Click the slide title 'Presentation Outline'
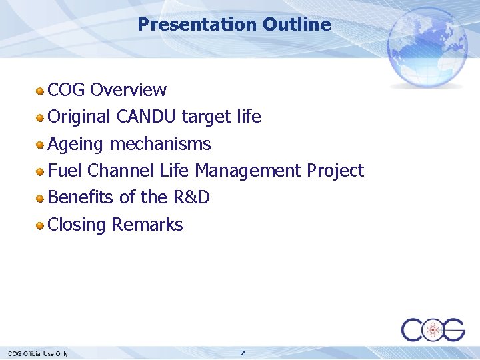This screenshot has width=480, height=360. pos(234,25)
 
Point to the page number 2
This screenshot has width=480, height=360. pos(243,353)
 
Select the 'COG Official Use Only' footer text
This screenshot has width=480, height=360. pos(38,353)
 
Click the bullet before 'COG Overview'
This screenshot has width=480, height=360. pos(41,90)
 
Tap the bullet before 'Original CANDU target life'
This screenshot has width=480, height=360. pos(41,117)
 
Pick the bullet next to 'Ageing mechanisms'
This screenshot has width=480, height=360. pos(41,144)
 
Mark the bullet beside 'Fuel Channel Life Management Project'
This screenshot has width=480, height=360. pos(41,171)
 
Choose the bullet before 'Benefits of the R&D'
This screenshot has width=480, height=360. pos(41,198)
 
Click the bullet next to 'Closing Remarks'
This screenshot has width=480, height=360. pos(41,225)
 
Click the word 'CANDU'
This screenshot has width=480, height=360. pos(146,117)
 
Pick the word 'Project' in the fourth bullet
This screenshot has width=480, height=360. pos(335,171)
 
